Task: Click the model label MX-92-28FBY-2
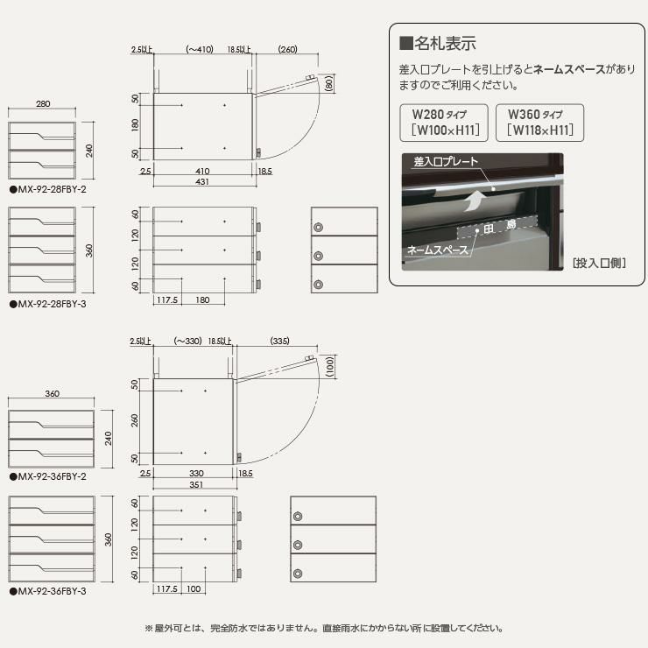point(48,190)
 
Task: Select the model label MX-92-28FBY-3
point(48,304)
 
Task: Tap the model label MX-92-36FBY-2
point(48,476)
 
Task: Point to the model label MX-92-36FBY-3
point(48,591)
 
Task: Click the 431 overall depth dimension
point(202,182)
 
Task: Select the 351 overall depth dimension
point(196,484)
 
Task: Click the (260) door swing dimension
point(287,49)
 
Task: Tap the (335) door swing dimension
point(280,341)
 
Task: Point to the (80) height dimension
point(329,84)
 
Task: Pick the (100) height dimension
point(330,366)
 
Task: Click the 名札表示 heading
point(438,43)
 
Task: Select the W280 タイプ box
point(444,123)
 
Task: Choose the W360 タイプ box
point(539,123)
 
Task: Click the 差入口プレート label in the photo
point(446,162)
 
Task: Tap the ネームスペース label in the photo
point(438,250)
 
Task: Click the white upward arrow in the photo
point(475,201)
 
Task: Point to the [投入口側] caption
point(599,263)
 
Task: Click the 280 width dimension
point(43,103)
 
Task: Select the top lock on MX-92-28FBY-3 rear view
point(318,227)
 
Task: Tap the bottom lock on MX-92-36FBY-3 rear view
point(298,574)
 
